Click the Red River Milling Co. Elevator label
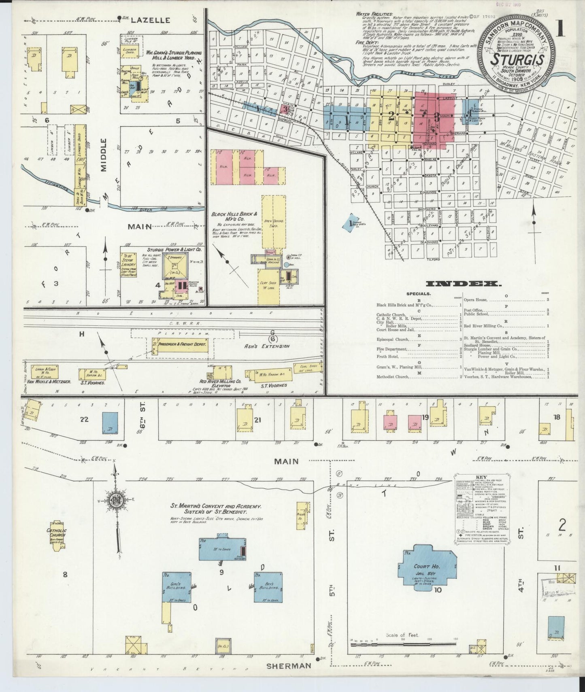[220, 383]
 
